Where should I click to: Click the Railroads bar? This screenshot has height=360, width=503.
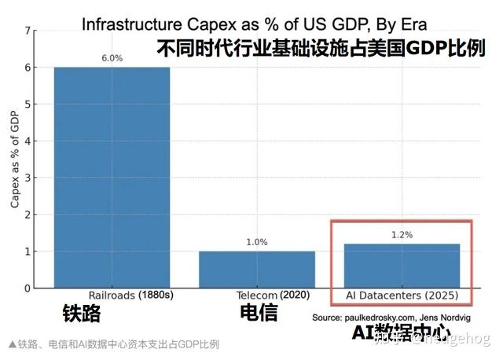click(112, 178)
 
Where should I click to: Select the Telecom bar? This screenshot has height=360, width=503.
click(257, 270)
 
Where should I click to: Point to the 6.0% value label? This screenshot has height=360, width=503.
click(112, 58)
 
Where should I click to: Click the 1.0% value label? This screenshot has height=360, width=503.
click(257, 242)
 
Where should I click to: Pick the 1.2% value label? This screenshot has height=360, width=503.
click(402, 235)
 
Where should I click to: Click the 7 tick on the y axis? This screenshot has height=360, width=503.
click(29, 31)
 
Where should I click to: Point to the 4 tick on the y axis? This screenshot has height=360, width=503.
click(29, 141)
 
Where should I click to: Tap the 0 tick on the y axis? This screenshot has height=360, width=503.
click(29, 288)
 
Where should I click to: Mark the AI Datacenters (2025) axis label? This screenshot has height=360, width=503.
click(402, 296)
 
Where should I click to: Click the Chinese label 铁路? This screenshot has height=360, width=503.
click(82, 314)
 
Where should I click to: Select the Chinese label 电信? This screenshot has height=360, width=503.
click(259, 313)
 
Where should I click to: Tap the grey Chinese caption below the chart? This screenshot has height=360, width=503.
click(113, 344)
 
